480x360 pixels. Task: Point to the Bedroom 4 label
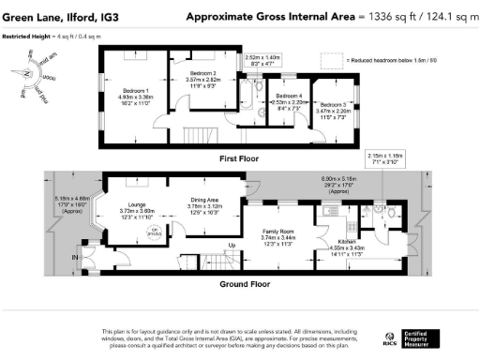[288, 97]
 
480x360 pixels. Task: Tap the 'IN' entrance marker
[76, 256]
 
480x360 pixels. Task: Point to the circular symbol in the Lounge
[156, 231]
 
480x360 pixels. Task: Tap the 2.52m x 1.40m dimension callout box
[262, 60]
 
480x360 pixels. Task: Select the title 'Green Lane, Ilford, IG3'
[54, 16]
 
